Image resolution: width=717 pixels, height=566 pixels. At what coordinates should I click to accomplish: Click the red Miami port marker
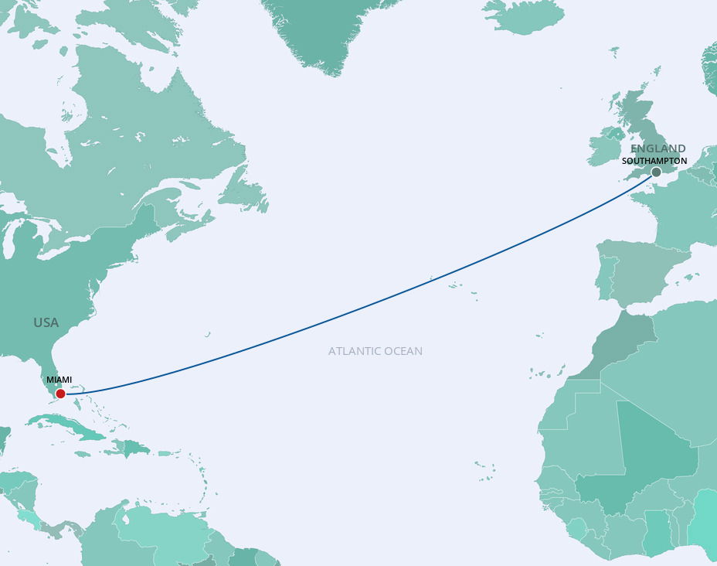tap(60, 394)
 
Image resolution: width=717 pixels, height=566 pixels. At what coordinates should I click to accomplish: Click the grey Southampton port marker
tap(656, 172)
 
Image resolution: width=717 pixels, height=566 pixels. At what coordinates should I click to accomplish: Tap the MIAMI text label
tap(59, 380)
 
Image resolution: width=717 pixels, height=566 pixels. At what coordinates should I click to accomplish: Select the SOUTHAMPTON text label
tap(654, 161)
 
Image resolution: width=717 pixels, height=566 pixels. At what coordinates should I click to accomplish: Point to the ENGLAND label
tap(658, 148)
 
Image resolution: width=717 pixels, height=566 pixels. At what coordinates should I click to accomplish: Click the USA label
tap(46, 322)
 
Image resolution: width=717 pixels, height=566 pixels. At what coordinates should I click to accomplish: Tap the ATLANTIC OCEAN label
tap(375, 351)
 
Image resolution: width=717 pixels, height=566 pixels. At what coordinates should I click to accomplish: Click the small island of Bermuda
tap(208, 335)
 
